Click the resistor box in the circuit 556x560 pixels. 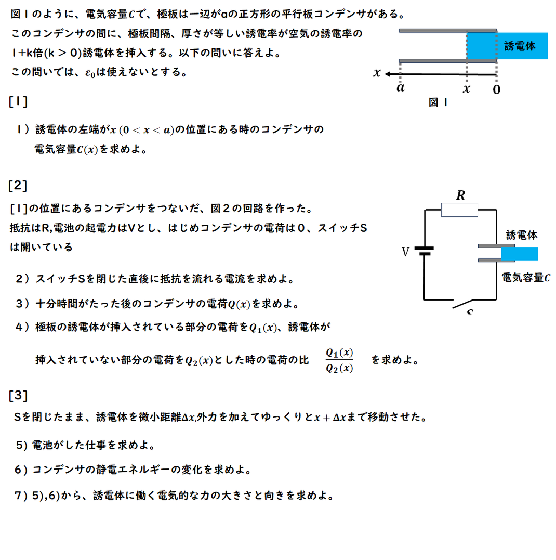(x=459, y=210)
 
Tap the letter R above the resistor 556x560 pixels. (x=461, y=195)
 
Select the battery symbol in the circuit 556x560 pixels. (x=424, y=251)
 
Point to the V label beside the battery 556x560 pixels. (x=405, y=252)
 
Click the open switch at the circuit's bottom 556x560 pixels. (x=462, y=304)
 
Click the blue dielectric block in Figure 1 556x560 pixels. (x=507, y=46)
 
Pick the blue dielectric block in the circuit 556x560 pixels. (x=520, y=254)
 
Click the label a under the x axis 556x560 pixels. (x=401, y=87)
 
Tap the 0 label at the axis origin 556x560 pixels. (x=496, y=89)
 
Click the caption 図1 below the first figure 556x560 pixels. (x=438, y=102)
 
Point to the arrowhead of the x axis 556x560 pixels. (x=388, y=74)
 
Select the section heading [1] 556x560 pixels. (x=18, y=101)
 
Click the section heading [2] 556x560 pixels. (x=18, y=185)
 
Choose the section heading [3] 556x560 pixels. (x=18, y=395)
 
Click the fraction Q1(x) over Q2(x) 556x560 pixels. (x=339, y=360)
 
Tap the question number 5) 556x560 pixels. (x=21, y=445)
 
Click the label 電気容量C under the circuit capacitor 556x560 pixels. (x=526, y=278)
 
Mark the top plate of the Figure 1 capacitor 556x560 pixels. (x=448, y=31)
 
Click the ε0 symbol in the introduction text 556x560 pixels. (x=90, y=73)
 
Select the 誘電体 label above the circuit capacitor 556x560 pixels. (x=522, y=235)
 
